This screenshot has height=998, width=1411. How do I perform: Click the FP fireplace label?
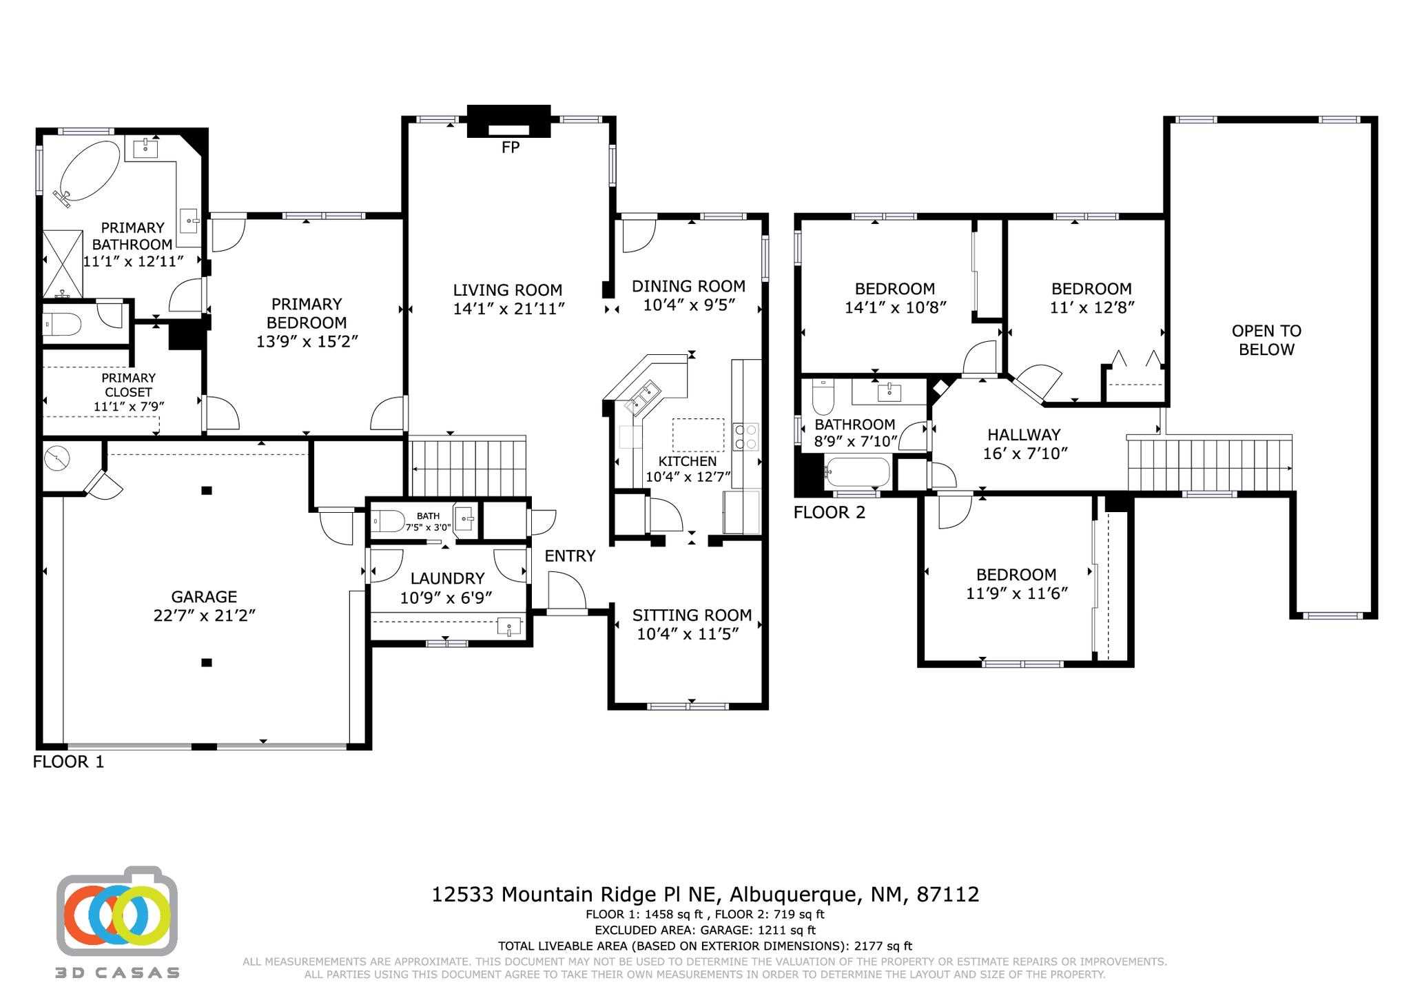coord(510,147)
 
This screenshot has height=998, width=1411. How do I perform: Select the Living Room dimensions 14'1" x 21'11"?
coord(508,309)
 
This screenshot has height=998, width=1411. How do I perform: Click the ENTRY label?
coord(570,556)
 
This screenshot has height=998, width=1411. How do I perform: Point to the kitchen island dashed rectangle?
coord(698,434)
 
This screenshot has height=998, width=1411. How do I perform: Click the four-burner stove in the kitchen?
coord(745,436)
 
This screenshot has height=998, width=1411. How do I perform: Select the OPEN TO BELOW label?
coord(1266,340)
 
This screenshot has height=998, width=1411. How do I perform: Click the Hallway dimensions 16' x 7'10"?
coord(1024,453)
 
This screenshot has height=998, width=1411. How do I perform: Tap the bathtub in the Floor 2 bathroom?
coord(858,473)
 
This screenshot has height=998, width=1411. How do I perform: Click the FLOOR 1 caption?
coord(68,762)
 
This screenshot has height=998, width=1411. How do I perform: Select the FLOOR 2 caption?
coord(829,512)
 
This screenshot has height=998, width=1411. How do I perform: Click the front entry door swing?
coord(566,593)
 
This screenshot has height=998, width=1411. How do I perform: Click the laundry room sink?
coord(508,627)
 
